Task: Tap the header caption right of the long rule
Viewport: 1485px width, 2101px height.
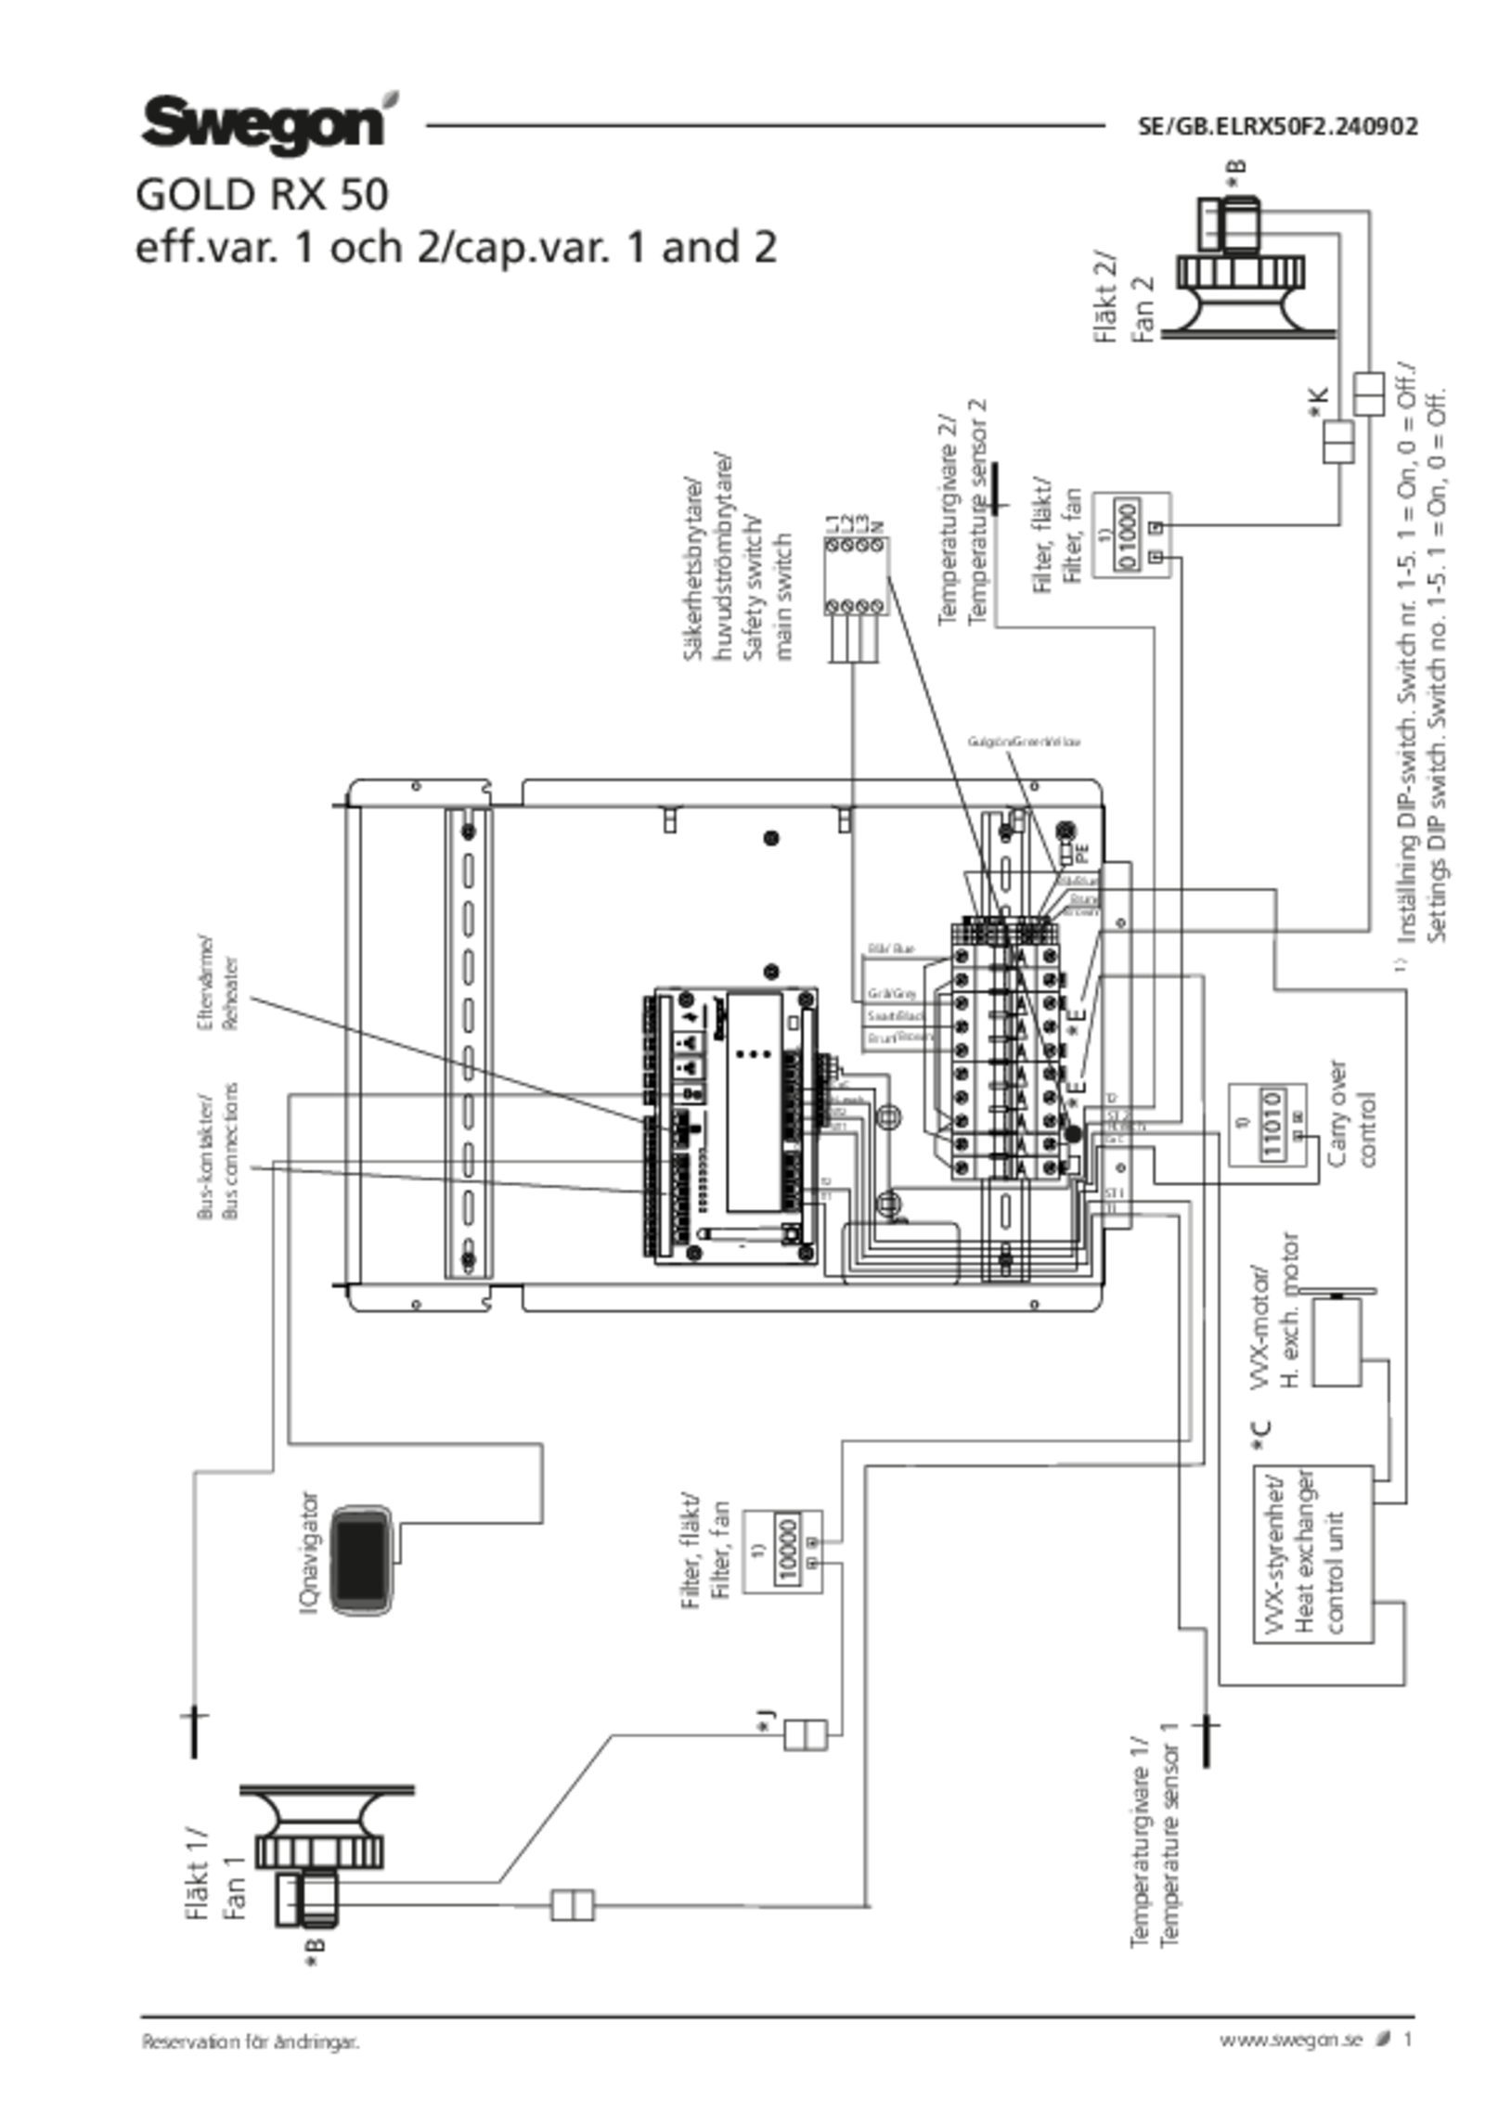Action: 1277,126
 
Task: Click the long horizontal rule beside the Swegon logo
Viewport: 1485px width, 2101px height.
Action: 765,125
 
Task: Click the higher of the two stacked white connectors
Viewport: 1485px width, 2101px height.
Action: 1370,393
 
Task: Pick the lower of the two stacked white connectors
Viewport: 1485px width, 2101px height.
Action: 1337,442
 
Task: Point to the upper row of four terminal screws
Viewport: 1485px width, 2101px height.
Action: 855,545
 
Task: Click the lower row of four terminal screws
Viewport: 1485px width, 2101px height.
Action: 855,607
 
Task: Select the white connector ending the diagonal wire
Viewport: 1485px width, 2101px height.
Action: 805,1734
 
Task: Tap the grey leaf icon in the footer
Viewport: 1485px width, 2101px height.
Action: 1383,2037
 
